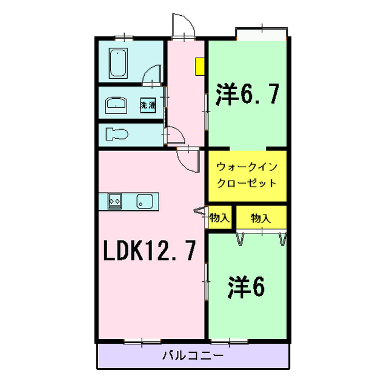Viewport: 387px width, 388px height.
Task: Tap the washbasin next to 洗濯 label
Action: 116,104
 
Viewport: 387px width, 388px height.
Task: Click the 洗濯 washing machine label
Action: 148,104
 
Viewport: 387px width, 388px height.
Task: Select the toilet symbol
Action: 114,133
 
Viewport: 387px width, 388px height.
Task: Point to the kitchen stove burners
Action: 115,201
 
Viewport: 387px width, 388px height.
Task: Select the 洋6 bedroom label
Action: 246,288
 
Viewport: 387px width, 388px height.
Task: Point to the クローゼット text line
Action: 247,182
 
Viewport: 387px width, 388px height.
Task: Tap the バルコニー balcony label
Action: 193,355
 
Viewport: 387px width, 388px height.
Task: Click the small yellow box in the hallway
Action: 199,66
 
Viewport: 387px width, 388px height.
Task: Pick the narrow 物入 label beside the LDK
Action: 219,218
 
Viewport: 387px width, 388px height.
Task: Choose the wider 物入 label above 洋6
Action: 260,218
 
